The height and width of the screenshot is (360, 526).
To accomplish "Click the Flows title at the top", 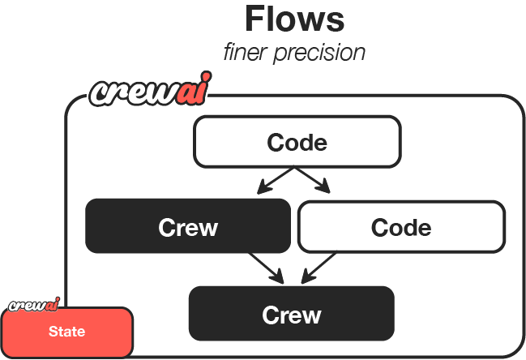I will [x=294, y=19].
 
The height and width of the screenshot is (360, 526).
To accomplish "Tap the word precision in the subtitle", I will [x=324, y=53].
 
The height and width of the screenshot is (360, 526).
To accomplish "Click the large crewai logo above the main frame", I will [x=147, y=92].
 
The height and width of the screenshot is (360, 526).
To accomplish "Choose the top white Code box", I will [x=297, y=142].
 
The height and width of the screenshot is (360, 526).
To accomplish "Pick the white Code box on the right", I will [x=401, y=227].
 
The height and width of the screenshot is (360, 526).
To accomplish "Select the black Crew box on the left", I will [x=188, y=226].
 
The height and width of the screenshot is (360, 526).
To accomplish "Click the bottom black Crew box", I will [x=291, y=314].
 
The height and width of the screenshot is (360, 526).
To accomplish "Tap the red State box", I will [x=66, y=332].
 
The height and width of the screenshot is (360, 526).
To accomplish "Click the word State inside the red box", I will [x=66, y=332].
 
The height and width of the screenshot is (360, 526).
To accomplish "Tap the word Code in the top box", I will [x=297, y=143].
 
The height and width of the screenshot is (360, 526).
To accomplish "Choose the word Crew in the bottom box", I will [x=291, y=315].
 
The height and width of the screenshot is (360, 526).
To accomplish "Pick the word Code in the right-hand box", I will [x=401, y=228].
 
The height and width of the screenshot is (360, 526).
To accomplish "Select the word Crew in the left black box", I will [x=188, y=227].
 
